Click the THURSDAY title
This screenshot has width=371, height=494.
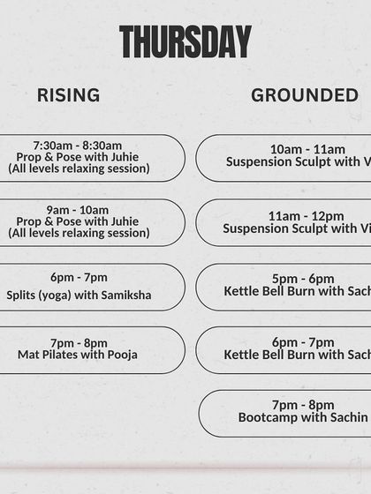click(x=185, y=42)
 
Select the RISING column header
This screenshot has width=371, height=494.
click(x=68, y=95)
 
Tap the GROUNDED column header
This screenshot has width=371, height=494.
click(x=305, y=95)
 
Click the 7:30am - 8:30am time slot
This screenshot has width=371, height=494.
click(x=78, y=145)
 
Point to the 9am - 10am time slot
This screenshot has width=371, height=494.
click(x=78, y=210)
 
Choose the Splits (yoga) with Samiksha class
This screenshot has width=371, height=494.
click(x=79, y=295)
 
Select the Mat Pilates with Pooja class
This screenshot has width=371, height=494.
click(x=78, y=355)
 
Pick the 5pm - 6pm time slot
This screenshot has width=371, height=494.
click(x=303, y=279)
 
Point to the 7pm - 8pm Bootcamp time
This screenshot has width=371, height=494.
click(x=303, y=405)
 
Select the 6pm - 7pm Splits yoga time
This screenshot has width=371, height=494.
click(x=79, y=277)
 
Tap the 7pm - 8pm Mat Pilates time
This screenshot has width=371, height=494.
click(x=79, y=342)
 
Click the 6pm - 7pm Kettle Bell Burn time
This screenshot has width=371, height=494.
click(x=303, y=342)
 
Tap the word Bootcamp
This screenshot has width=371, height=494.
click(x=266, y=417)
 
